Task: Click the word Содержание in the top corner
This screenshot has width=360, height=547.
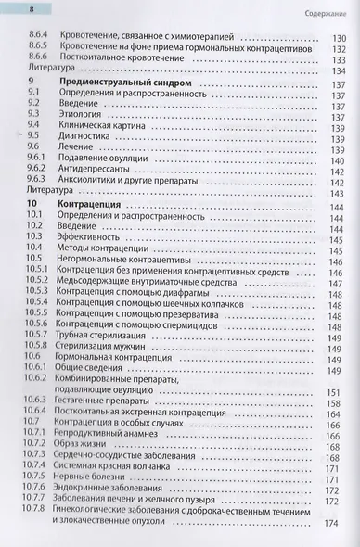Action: (x=328, y=13)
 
